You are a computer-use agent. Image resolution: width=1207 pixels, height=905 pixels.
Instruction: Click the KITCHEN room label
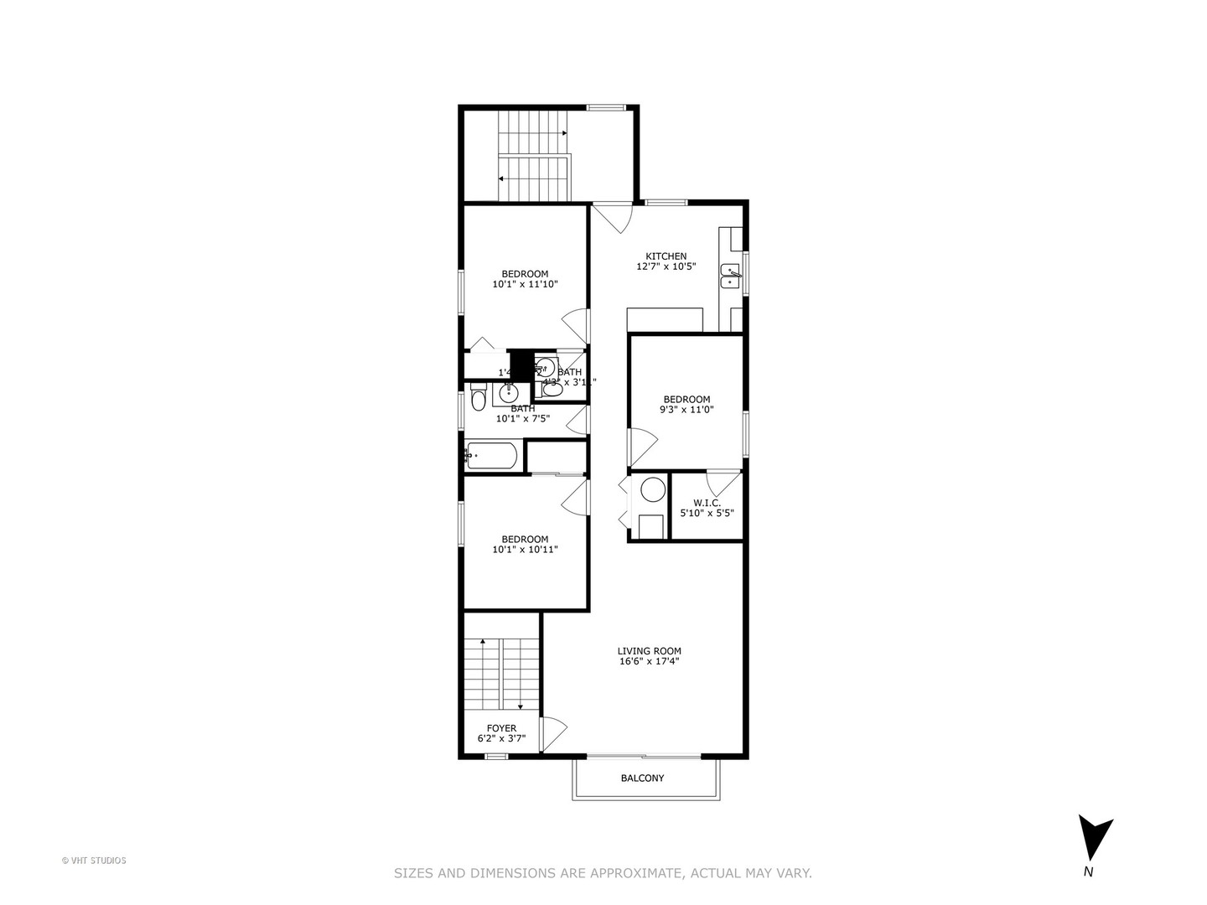tap(666, 256)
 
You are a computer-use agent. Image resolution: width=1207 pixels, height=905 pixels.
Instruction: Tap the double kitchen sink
tap(732, 276)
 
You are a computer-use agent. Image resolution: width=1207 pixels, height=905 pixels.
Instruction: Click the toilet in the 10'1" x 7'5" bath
tap(478, 397)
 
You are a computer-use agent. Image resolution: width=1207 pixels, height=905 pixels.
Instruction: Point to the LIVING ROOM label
tap(649, 651)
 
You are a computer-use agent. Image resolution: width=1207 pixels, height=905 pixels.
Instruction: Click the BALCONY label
tap(642, 778)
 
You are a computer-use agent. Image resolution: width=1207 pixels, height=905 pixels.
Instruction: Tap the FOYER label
tap(501, 728)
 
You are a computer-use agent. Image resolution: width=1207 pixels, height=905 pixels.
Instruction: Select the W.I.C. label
tap(706, 503)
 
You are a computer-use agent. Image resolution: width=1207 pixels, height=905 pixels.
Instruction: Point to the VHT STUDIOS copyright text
tap(94, 861)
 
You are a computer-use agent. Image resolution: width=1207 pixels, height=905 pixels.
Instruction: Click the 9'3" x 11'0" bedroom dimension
tap(686, 411)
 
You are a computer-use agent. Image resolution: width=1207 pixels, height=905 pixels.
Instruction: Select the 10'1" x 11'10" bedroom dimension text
tap(525, 285)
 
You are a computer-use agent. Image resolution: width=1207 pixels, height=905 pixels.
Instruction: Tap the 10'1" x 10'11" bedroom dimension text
tap(525, 551)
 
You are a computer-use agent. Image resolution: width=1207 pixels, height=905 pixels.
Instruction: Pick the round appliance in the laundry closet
tap(653, 489)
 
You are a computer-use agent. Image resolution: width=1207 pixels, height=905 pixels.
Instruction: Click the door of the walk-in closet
tap(722, 483)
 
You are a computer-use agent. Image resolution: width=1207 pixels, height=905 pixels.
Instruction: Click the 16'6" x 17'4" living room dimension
tap(649, 661)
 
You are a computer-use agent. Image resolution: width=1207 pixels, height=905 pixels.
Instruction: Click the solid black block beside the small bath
tap(521, 365)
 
